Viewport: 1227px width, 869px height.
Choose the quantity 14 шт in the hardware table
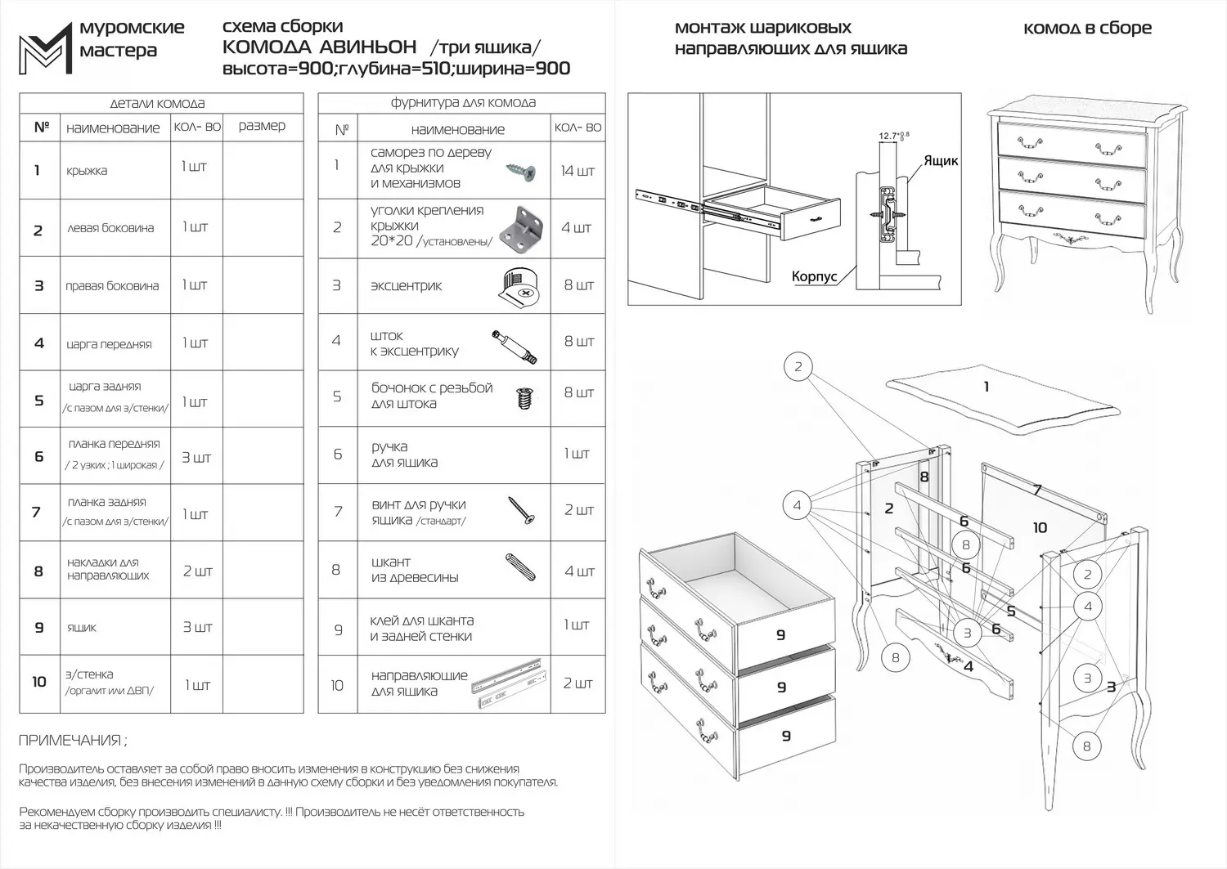coord(578,171)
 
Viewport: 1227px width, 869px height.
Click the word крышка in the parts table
coord(87,171)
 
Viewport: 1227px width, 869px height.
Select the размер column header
coord(262,126)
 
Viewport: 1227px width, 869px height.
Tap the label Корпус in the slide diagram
coord(814,277)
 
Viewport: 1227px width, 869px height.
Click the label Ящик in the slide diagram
coord(941,161)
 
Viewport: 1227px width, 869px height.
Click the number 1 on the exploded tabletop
coord(986,387)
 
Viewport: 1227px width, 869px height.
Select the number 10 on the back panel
coord(1040,528)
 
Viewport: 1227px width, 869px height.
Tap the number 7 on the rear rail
coord(1036,490)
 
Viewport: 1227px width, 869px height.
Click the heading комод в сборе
coord(1087,29)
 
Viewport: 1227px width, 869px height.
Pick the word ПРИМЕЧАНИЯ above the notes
coord(72,741)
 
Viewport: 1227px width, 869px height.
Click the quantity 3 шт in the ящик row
coord(197,627)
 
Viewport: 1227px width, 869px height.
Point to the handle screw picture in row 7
coord(520,510)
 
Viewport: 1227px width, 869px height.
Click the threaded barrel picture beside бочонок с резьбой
coord(524,398)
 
